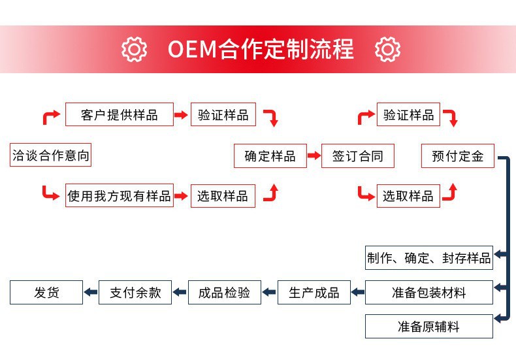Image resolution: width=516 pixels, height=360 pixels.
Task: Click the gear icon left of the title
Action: (x=134, y=50)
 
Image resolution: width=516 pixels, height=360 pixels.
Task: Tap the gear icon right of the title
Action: (x=388, y=50)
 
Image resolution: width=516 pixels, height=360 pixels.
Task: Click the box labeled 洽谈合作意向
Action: (x=50, y=155)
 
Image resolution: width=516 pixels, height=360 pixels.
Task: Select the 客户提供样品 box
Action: (x=120, y=114)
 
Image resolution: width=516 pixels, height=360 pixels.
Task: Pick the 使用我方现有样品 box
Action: (x=120, y=195)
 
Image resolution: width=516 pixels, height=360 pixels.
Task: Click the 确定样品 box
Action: (x=270, y=156)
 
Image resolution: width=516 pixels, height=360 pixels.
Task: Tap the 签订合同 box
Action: (x=358, y=156)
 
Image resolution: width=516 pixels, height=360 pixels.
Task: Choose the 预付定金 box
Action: (x=458, y=156)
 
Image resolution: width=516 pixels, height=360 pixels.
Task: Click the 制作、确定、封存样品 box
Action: (x=429, y=257)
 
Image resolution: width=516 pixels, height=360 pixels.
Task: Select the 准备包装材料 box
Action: (x=429, y=292)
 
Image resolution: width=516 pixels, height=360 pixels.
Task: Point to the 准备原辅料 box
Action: (x=429, y=327)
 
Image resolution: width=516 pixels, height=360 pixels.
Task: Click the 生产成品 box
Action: (x=314, y=292)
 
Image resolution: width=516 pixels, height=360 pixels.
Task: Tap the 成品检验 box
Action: (x=225, y=292)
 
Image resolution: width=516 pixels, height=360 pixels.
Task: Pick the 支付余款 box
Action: (x=135, y=292)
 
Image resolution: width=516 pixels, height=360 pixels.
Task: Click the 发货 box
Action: (x=46, y=292)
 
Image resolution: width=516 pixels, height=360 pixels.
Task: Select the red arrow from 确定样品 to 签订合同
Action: (x=314, y=155)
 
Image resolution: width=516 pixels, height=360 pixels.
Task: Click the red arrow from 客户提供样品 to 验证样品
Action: (x=181, y=115)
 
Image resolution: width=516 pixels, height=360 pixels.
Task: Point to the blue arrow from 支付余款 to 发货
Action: (x=91, y=292)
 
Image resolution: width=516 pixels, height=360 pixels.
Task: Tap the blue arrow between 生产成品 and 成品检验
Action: (x=269, y=292)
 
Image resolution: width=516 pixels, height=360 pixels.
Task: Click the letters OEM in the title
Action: (x=192, y=50)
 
